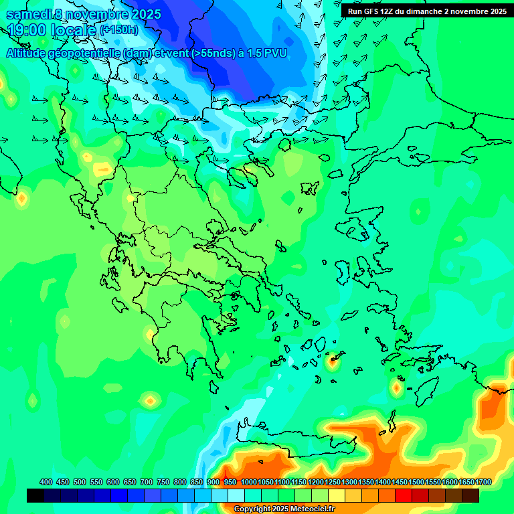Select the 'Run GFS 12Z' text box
point(426,11)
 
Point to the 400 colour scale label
point(46,482)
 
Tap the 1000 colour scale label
point(248,482)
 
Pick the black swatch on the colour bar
point(35,496)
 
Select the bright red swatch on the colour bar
point(404,496)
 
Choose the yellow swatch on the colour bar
point(337,496)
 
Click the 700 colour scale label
point(146,482)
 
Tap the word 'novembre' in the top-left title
point(100,14)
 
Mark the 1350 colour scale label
point(366,482)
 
